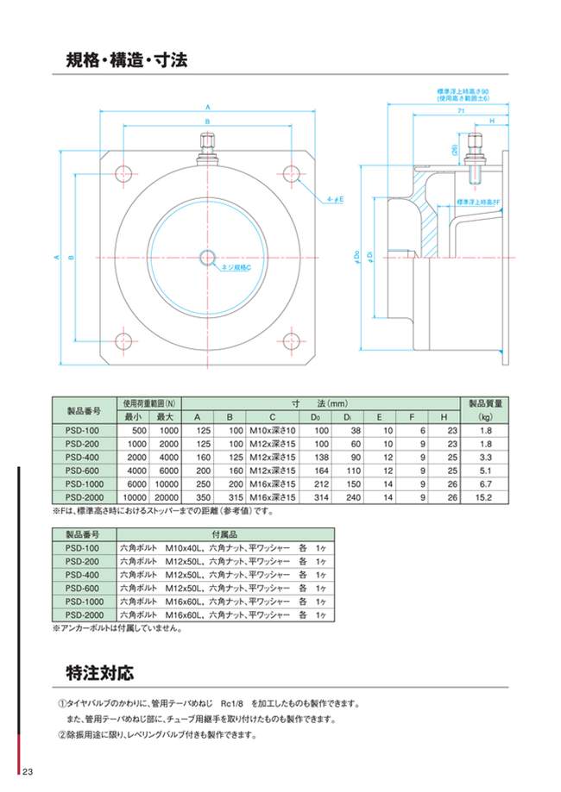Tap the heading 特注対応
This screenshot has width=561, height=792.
tap(100, 670)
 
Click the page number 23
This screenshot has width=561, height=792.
tap(28, 770)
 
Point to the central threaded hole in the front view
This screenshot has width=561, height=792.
tap(209, 258)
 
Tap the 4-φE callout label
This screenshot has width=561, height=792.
tap(336, 199)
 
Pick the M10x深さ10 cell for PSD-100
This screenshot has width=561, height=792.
tap(272, 430)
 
